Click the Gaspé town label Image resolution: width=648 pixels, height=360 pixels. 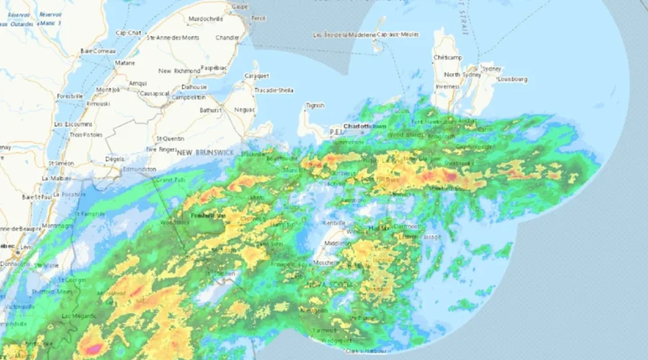click(238, 6)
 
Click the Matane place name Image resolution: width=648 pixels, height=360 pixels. click(125, 63)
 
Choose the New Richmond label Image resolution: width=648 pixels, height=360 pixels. click(175, 71)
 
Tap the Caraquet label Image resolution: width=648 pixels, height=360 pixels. click(256, 75)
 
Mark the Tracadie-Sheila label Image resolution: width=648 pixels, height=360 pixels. click(274, 90)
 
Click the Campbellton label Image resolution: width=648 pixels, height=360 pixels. click(189, 96)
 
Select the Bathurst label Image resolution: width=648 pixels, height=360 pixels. click(211, 110)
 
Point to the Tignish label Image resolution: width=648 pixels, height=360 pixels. click(315, 105)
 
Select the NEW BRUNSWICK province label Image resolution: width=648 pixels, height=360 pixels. click(204, 153)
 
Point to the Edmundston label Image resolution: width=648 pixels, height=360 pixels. click(139, 169)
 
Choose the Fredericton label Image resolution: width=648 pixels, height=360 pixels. click(208, 215)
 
